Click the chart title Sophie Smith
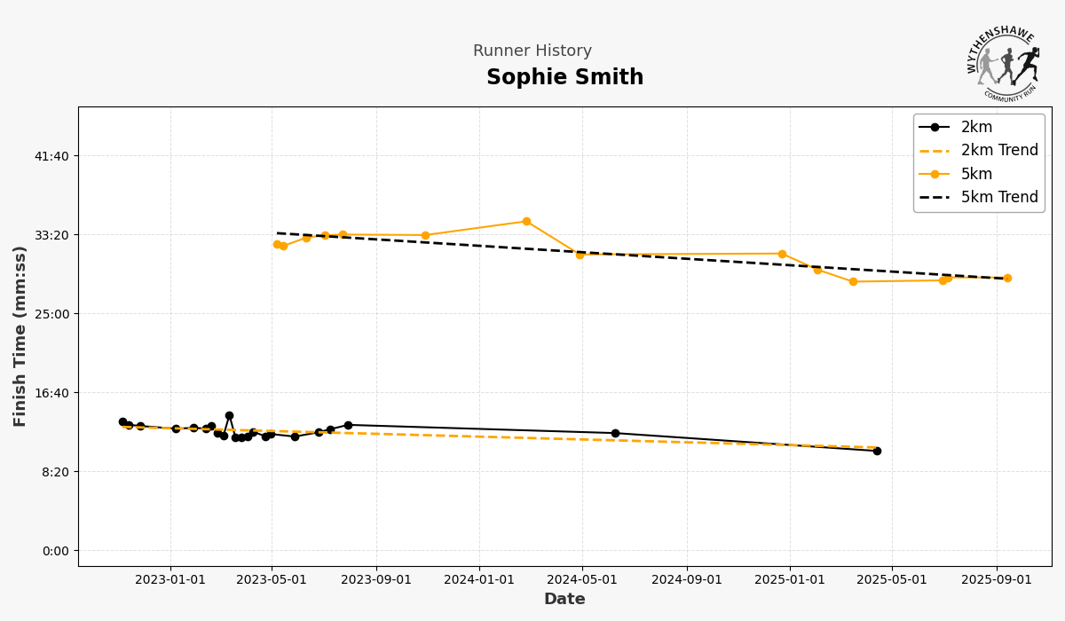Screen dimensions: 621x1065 (x=564, y=78)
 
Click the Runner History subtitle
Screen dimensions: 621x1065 (x=532, y=51)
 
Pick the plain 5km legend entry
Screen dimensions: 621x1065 (x=976, y=174)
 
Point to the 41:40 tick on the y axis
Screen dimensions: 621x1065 (x=51, y=156)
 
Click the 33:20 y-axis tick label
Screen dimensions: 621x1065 (x=51, y=235)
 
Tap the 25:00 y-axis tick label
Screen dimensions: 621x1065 (x=51, y=314)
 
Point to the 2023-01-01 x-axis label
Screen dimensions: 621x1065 (x=170, y=580)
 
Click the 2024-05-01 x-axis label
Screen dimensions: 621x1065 (x=582, y=580)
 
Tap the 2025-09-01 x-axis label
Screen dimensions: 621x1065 (x=996, y=580)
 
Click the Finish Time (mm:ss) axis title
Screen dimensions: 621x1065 (x=20, y=336)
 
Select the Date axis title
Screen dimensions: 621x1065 (x=564, y=600)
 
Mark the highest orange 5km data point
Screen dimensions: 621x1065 (x=526, y=222)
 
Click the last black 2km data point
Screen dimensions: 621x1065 (x=877, y=451)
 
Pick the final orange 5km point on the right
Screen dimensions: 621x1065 (x=1007, y=278)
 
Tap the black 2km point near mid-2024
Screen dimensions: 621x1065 (x=615, y=433)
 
